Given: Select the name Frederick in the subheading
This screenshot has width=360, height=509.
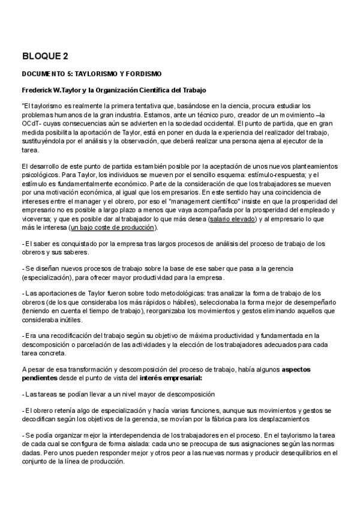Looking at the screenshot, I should click(38, 90).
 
